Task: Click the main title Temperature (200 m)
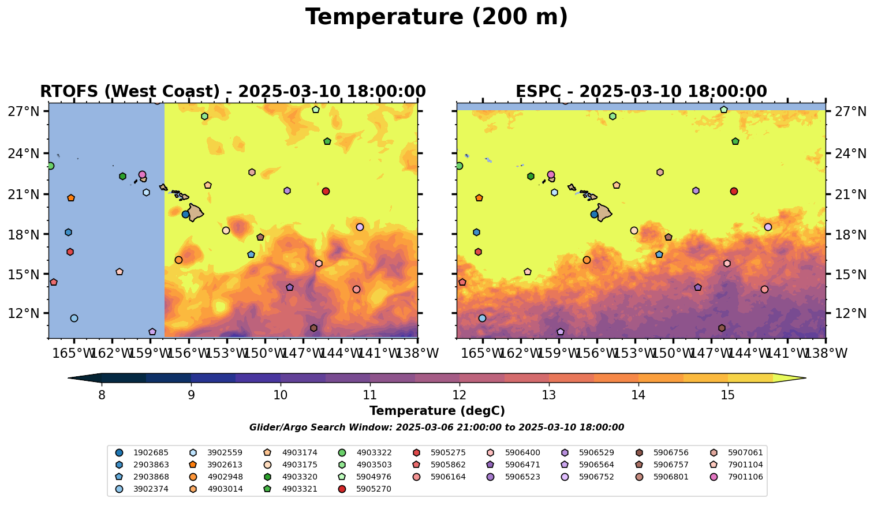[436, 17]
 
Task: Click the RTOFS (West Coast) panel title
[233, 92]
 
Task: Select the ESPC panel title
[641, 92]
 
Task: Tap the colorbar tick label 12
[459, 395]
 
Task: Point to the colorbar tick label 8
[102, 395]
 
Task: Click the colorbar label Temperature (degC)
[436, 411]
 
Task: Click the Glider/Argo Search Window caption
[436, 428]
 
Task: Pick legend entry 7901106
[745, 477]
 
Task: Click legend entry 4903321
[299, 489]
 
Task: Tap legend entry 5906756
[670, 452]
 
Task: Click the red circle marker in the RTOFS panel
[326, 192]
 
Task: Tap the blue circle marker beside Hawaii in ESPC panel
[594, 215]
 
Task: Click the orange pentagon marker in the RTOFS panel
[71, 198]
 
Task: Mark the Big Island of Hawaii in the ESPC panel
[604, 212]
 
